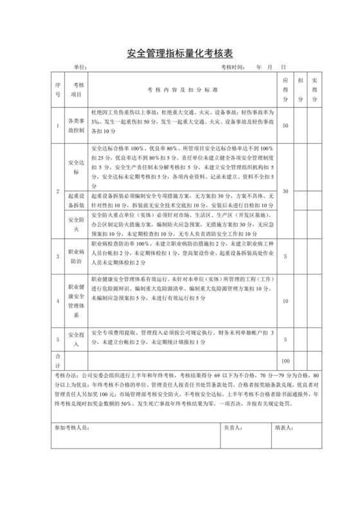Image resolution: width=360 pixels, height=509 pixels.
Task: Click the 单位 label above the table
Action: (x=80, y=67)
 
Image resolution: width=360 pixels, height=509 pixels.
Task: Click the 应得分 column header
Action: (x=286, y=89)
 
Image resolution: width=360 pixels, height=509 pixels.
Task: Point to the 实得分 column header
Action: (x=315, y=89)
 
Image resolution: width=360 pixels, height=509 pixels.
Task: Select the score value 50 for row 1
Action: (x=286, y=125)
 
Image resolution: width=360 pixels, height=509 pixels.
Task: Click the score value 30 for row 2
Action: (x=286, y=192)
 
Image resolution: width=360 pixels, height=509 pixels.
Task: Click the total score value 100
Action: (x=286, y=361)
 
